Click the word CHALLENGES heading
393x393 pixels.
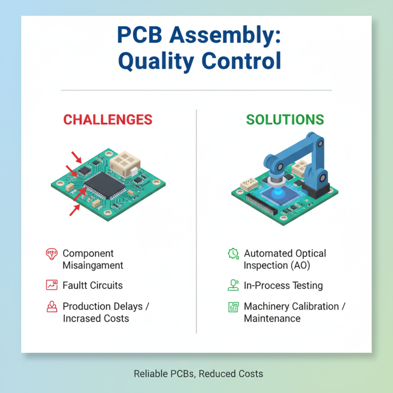[x=108, y=119]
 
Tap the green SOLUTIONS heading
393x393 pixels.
[x=285, y=119]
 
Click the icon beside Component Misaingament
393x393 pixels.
[x=51, y=254]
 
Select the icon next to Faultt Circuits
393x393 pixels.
[x=51, y=285]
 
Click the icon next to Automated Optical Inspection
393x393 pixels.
[x=232, y=254]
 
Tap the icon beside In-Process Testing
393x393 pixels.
[x=232, y=285]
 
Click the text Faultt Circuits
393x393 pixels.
[x=92, y=285]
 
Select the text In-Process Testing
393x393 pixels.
[x=283, y=285]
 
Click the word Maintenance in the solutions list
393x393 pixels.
[x=272, y=318]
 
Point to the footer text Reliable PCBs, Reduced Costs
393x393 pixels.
[x=198, y=374]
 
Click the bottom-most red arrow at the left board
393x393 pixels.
[x=75, y=210]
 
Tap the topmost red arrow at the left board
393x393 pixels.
[x=77, y=157]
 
